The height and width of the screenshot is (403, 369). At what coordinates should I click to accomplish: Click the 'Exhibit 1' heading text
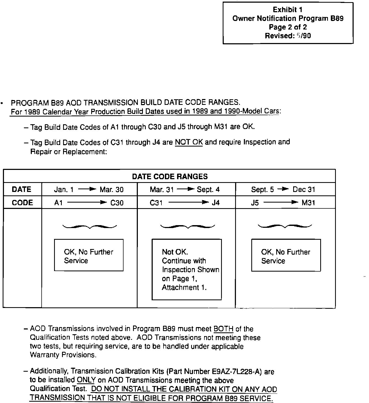tap(288, 10)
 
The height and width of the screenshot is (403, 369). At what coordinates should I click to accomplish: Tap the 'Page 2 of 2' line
tap(288, 27)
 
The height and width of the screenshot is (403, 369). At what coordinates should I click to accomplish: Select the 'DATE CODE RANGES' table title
tap(170, 177)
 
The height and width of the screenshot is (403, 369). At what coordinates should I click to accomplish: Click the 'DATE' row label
tap(22, 190)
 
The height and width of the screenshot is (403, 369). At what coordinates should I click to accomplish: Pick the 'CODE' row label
tap(22, 203)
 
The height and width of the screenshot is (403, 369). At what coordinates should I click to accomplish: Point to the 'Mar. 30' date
tap(112, 190)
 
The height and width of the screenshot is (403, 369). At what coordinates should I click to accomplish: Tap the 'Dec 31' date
tap(304, 190)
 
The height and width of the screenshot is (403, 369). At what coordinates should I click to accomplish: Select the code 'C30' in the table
tap(117, 203)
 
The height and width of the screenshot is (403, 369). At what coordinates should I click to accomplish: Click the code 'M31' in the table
tap(309, 203)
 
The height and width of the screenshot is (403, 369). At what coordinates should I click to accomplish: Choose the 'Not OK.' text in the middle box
tap(175, 252)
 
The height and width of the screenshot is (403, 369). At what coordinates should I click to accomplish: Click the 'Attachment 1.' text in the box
tap(184, 288)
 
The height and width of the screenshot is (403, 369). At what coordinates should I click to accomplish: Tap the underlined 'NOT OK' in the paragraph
tap(189, 143)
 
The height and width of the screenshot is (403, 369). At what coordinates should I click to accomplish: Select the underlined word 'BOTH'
tap(223, 329)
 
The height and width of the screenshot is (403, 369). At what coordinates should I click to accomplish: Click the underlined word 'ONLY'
tap(86, 380)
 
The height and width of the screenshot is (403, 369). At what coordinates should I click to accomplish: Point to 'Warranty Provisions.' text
tap(63, 355)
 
